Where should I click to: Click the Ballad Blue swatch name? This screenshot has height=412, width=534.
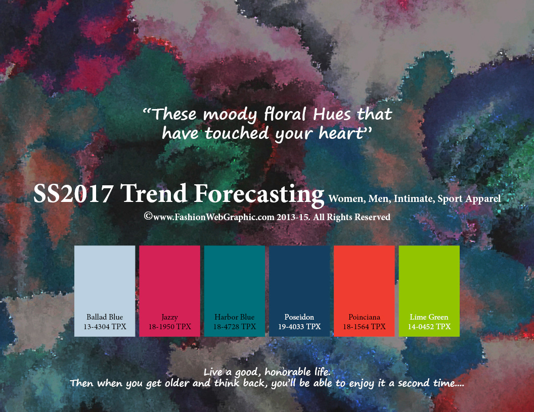[105, 317]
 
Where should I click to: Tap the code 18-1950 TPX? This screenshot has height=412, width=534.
[169, 327]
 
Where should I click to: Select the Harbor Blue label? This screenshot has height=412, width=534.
[234, 317]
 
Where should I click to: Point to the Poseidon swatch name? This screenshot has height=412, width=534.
[299, 317]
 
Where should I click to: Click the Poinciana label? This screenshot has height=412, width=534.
[364, 317]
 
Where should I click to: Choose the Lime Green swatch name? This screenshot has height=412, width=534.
[429, 317]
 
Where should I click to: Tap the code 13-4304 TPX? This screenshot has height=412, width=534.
[105, 327]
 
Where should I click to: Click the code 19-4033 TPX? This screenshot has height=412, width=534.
[299, 327]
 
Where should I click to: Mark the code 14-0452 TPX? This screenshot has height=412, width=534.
[429, 327]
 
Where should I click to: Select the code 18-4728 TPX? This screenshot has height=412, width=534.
[234, 327]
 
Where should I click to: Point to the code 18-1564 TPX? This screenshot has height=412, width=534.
[364, 327]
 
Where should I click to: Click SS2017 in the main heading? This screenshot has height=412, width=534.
[73, 193]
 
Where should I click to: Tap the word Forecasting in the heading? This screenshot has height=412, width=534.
[259, 195]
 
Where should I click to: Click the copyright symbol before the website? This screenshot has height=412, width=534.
[148, 216]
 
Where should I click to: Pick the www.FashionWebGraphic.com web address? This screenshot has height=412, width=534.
[214, 217]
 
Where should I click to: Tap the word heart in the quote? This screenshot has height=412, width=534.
[341, 133]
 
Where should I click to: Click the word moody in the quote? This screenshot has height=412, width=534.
[230, 115]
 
